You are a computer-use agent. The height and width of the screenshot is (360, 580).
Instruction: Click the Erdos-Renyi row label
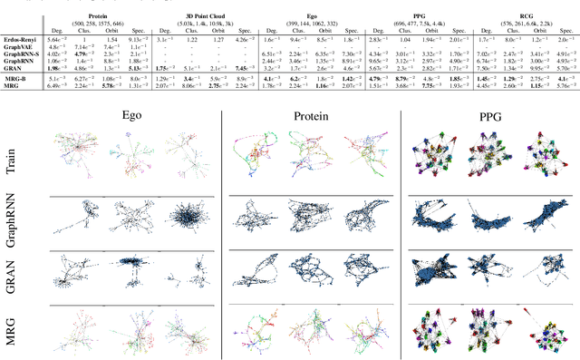point(19,41)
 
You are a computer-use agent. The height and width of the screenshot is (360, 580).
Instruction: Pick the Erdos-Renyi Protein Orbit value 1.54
point(111,41)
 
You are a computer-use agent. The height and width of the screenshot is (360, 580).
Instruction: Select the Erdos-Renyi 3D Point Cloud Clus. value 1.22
point(191,41)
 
